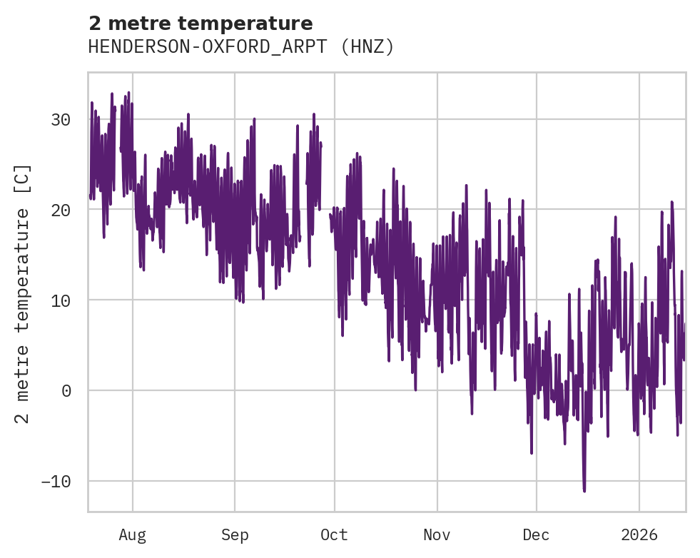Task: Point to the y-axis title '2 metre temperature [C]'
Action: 23,293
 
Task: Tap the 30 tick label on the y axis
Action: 61,119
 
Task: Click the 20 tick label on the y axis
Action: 61,210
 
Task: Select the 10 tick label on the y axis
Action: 61,300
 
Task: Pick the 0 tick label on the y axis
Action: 66,390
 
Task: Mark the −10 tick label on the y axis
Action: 56,481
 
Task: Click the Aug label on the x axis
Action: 133,534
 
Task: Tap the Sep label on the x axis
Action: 234,534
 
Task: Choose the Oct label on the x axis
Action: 334,534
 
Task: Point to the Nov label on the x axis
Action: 437,534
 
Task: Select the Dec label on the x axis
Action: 536,534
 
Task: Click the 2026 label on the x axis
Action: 639,534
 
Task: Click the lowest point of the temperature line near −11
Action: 584,491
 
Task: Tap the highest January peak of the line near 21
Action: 671,202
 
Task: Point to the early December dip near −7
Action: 532,452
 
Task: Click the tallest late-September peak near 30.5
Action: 313,114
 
